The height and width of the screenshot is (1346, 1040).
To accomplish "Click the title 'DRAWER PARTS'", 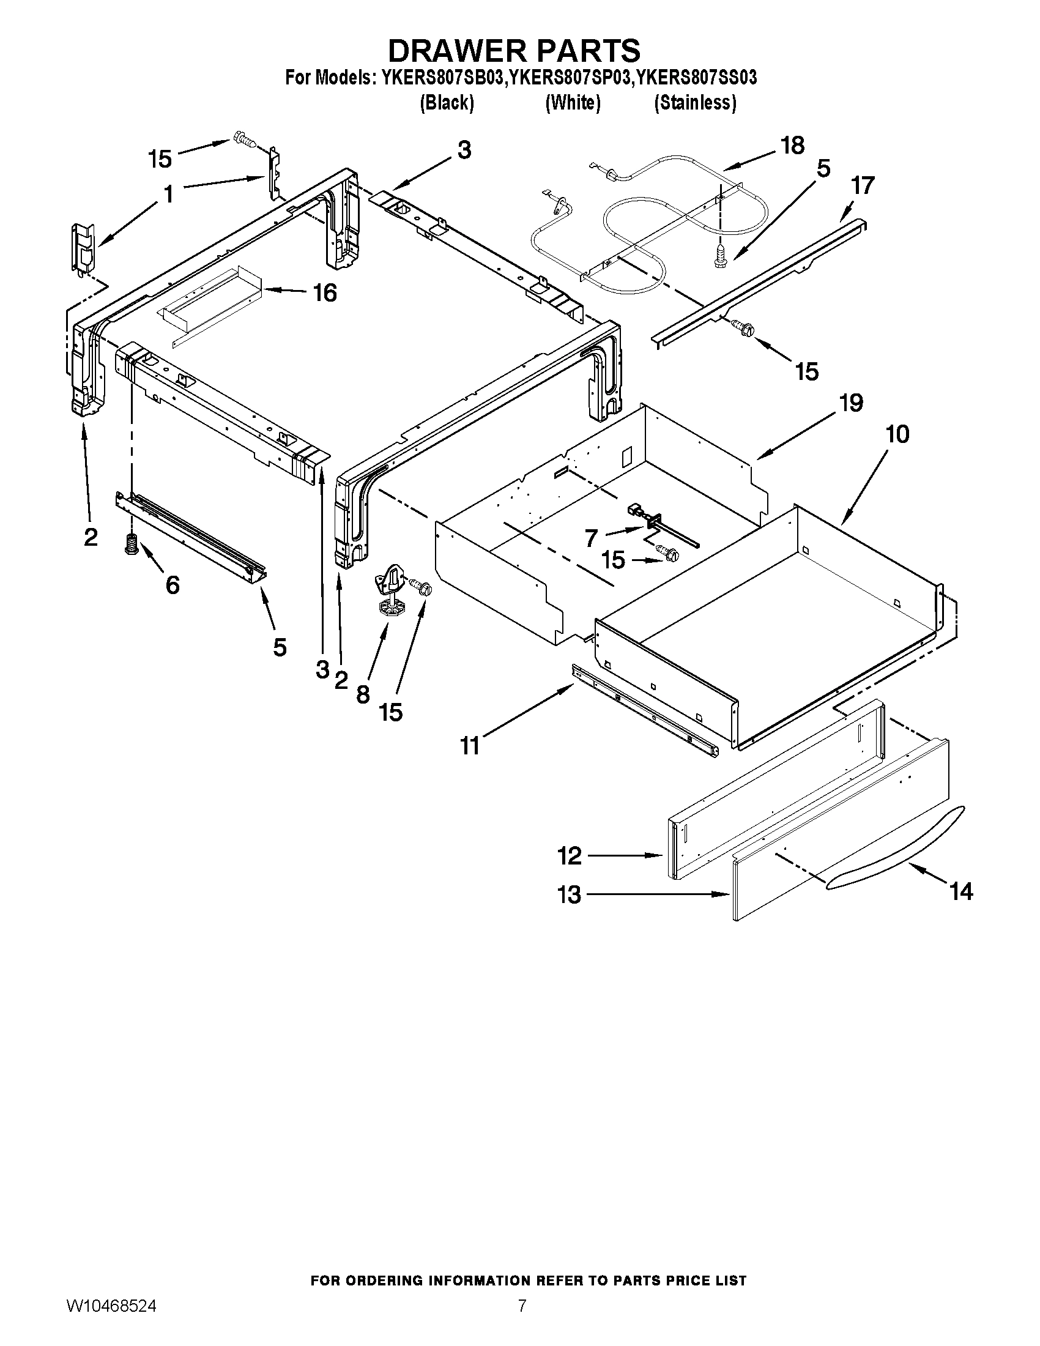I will click(514, 50).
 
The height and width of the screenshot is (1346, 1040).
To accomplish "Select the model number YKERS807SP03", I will click(571, 78).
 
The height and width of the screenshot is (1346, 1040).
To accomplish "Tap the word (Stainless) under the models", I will click(694, 103).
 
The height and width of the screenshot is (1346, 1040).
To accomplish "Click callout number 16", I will click(325, 293).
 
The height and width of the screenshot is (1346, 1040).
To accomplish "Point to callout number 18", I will click(792, 146).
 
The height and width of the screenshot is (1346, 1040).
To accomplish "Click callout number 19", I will click(851, 403).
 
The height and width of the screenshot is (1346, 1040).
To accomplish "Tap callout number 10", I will click(897, 434).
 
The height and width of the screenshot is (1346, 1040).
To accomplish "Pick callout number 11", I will click(469, 746).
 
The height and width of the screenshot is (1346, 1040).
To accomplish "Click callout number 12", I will click(569, 856).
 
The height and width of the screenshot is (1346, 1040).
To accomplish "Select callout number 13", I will click(569, 894).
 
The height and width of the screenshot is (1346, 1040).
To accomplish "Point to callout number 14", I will click(962, 891).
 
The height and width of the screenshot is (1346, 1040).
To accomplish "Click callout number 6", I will click(173, 584).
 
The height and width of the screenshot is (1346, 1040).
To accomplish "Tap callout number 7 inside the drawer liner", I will click(592, 538).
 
